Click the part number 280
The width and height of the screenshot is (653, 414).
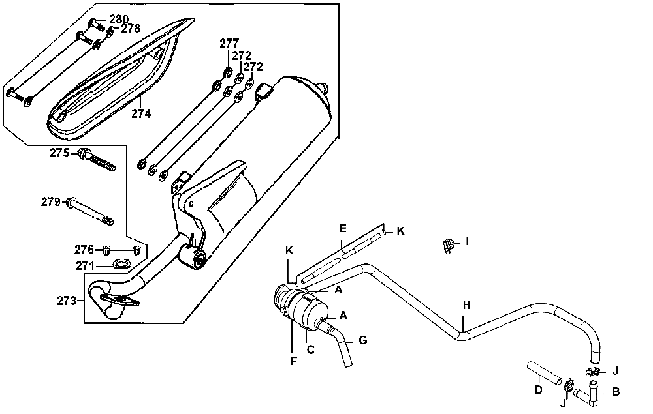tap(118, 19)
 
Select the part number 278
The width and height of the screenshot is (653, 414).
tap(131, 29)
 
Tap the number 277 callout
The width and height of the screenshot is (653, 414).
tap(229, 44)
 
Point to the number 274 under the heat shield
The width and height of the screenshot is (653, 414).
tap(141, 113)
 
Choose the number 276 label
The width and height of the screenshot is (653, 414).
tap(84, 250)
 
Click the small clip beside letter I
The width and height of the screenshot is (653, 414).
tap(447, 245)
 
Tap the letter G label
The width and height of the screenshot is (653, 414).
tap(364, 340)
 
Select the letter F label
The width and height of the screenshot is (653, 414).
tap(294, 359)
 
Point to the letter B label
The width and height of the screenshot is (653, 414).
tap(615, 392)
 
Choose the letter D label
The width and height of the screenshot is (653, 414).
tap(538, 391)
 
